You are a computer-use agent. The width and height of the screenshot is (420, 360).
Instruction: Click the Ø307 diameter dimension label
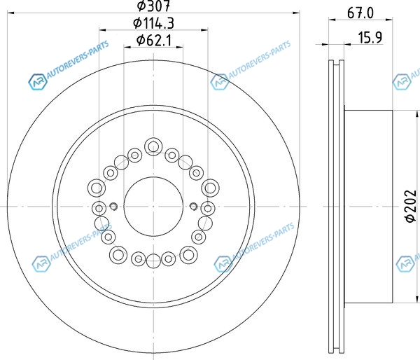tap(153, 6)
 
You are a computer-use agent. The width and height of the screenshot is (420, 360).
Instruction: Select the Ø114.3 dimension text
tap(153, 23)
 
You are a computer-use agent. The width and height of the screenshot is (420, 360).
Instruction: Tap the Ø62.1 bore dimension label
tap(153, 40)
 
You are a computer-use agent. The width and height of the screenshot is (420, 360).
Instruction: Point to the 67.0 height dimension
tap(360, 13)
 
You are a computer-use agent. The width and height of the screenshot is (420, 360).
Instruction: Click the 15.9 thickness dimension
tap(370, 37)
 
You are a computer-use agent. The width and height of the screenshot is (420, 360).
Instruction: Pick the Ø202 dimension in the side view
tap(411, 206)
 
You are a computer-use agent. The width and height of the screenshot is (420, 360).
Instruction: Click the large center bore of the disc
tap(153, 207)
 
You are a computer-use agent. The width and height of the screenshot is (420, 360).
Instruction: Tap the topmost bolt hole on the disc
tap(153, 146)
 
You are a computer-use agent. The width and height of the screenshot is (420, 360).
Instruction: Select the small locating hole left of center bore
tap(113, 207)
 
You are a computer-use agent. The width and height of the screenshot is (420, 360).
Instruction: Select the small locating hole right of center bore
tap(193, 207)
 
